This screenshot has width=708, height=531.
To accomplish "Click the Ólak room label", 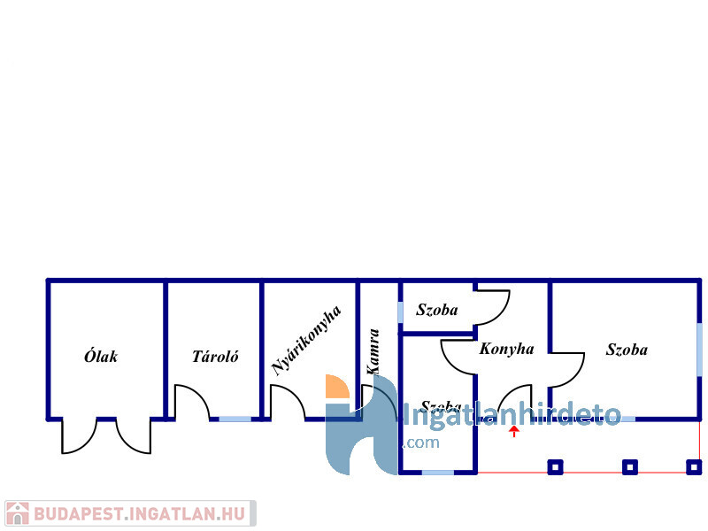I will pyautogui.click(x=101, y=358).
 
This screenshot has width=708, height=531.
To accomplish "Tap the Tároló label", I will pyautogui.click(x=215, y=358).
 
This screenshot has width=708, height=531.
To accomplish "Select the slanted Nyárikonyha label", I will pyautogui.click(x=306, y=341).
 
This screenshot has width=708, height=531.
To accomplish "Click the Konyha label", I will pyautogui.click(x=506, y=349).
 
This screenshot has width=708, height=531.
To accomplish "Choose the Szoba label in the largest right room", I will pyautogui.click(x=627, y=350).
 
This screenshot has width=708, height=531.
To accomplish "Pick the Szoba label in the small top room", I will pyautogui.click(x=437, y=310).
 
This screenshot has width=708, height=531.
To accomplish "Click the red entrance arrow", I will pyautogui.click(x=514, y=431).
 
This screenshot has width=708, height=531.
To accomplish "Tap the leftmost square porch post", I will pyautogui.click(x=555, y=466).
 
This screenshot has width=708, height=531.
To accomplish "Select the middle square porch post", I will pyautogui.click(x=629, y=466).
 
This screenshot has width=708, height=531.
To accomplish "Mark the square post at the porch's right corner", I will pyautogui.click(x=695, y=466).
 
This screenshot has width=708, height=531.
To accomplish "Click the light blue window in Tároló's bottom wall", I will pyautogui.click(x=235, y=419).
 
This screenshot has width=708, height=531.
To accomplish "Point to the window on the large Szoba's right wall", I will pyautogui.click(x=699, y=349).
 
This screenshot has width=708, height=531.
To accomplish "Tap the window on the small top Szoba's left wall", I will pyautogui.click(x=400, y=312).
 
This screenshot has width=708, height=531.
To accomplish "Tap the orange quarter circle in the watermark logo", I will pyautogui.click(x=337, y=387).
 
